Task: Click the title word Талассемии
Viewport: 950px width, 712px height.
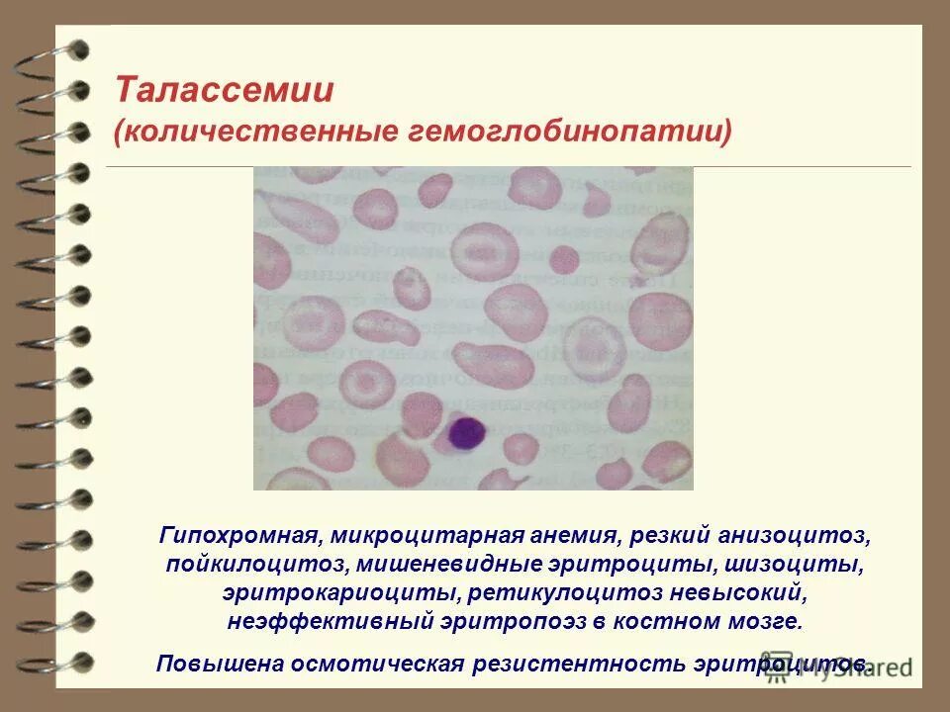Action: pos(224,91)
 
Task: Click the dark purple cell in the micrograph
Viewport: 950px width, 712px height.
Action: pos(464,433)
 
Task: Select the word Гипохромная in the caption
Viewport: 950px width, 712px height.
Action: pos(237,536)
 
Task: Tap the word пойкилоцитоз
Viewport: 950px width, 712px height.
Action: pos(240,566)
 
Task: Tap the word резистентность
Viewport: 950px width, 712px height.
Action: pos(575,663)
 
